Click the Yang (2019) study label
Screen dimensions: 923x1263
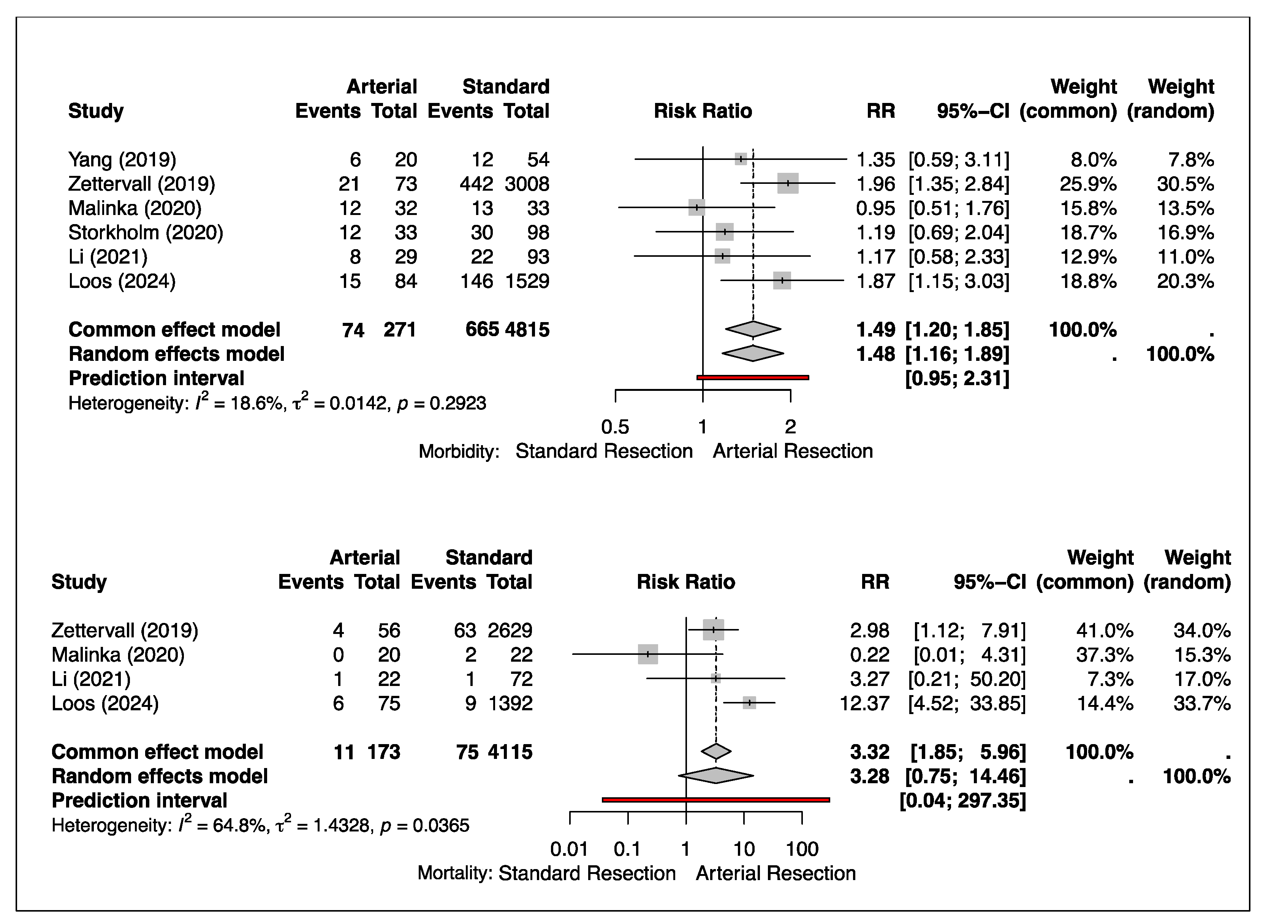[x=122, y=160]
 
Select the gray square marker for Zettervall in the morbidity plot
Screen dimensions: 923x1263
[x=787, y=183]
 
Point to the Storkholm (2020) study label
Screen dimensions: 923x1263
[x=145, y=232]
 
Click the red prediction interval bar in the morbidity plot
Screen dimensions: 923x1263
[x=753, y=378]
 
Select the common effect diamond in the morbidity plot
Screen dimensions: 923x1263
[x=753, y=330]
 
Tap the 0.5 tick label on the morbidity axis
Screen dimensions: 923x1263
[x=615, y=427]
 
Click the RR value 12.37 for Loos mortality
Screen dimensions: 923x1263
[x=864, y=703]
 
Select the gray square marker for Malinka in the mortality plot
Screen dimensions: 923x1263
[x=648, y=654]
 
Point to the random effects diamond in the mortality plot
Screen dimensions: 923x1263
[x=716, y=776]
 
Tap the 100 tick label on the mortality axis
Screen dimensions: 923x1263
[x=802, y=850]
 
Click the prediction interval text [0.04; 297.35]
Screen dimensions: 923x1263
[x=962, y=801]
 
